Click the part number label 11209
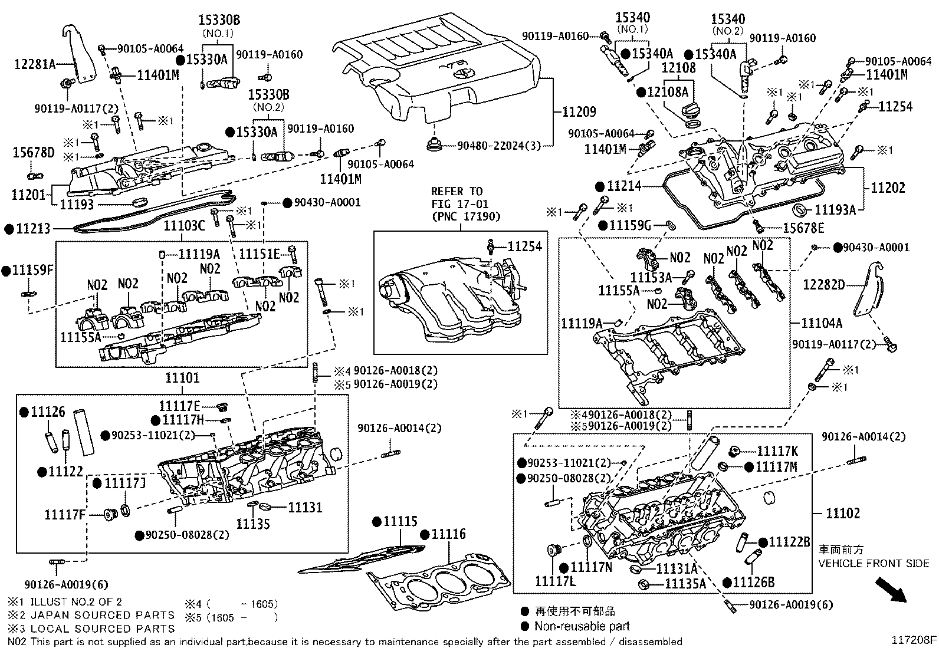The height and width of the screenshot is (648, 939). pos(579,112)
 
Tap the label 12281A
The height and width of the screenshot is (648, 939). pos(34,64)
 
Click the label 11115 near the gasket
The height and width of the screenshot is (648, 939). pos(399,521)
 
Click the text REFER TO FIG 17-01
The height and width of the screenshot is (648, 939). pos(457,197)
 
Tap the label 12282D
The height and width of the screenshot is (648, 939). pos(824,285)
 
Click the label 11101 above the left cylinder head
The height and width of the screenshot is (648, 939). pos(182,377)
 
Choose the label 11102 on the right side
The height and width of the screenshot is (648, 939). pos(843,513)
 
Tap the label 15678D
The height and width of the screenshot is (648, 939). pos(33,153)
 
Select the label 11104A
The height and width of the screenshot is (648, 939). pos(822,323)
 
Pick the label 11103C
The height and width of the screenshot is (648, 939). pos(184,226)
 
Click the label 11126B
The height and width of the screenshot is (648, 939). pos(753,583)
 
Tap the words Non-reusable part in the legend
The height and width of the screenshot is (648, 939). pos(582,626)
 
